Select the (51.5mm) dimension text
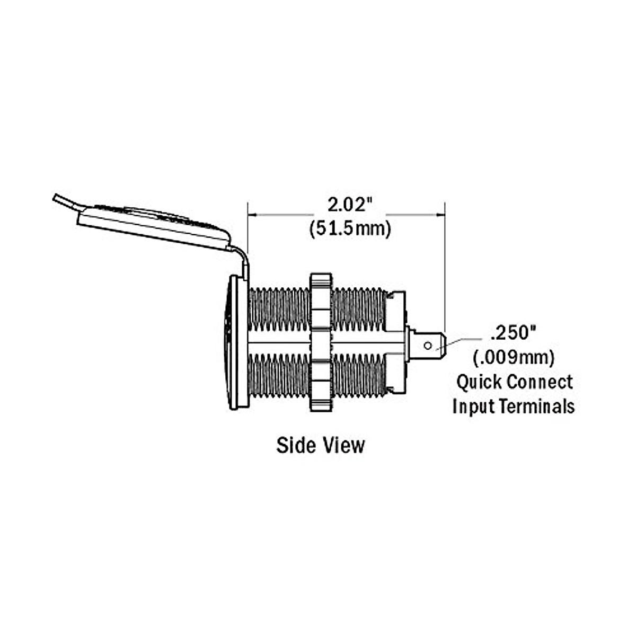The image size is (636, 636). point(350,229)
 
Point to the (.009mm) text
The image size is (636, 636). point(514,358)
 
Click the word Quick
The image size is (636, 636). point(479,382)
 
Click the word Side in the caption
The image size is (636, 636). point(295,445)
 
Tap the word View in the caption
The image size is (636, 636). point(344,445)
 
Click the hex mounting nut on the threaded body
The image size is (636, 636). point(320,342)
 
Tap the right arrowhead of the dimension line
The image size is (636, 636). point(440,215)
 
